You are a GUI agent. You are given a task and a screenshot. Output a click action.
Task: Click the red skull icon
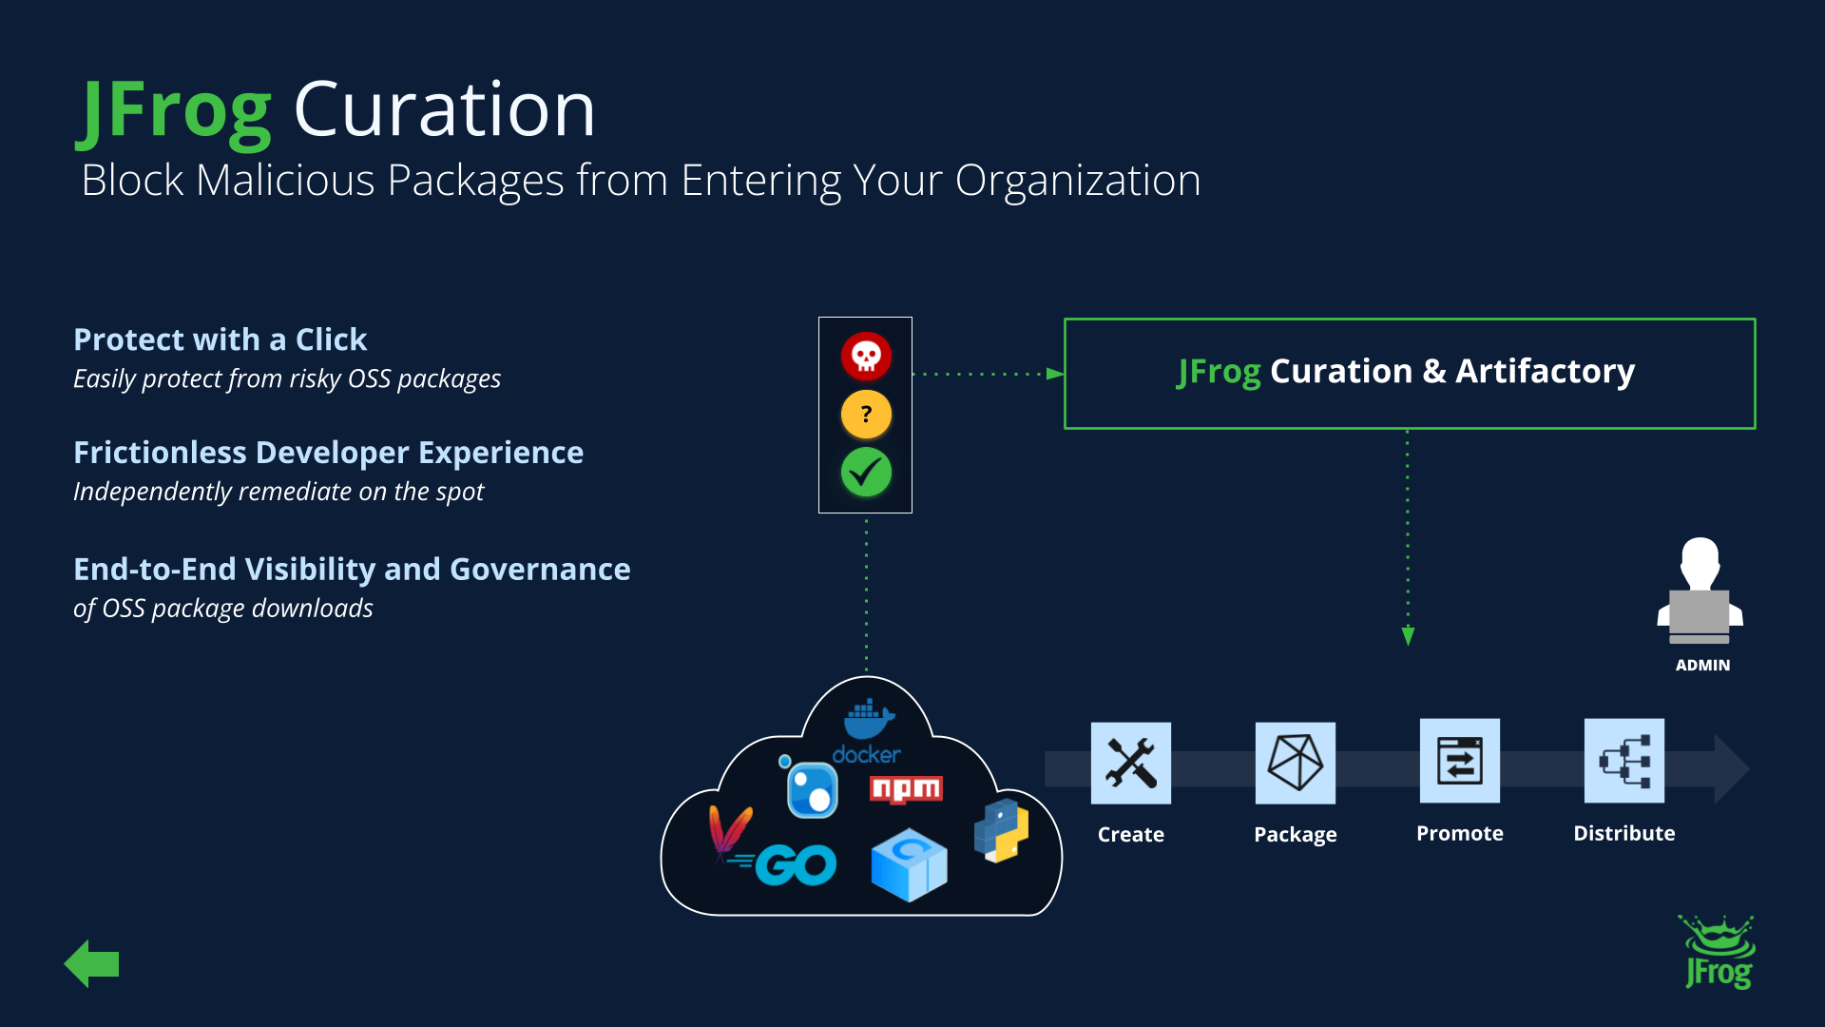point(866,357)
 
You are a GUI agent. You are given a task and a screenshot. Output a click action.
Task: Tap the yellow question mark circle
point(866,415)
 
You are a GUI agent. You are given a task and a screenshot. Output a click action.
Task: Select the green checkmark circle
point(866,473)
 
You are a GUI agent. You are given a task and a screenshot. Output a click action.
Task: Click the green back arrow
point(92,964)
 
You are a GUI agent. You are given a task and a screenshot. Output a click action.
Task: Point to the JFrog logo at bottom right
point(1719,954)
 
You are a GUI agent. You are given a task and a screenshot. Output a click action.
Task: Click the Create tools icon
point(1130,763)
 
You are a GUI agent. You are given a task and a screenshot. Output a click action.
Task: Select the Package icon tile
point(1295,763)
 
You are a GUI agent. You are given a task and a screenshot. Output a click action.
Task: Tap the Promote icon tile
point(1459,761)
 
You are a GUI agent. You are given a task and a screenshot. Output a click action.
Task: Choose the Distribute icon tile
point(1623,761)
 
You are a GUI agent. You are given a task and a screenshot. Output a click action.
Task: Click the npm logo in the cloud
point(906,789)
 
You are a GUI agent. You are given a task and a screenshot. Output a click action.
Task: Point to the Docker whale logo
point(868,721)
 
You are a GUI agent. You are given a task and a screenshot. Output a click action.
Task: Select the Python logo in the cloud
point(1001,830)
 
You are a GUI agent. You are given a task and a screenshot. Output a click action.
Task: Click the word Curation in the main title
point(444,109)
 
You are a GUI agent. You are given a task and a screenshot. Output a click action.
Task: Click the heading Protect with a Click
point(220,339)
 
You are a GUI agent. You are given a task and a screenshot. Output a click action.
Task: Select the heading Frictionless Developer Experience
point(328,453)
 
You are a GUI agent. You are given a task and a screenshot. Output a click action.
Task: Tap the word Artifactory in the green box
point(1545,371)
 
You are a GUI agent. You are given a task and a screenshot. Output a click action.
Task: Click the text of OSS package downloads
point(223,609)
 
